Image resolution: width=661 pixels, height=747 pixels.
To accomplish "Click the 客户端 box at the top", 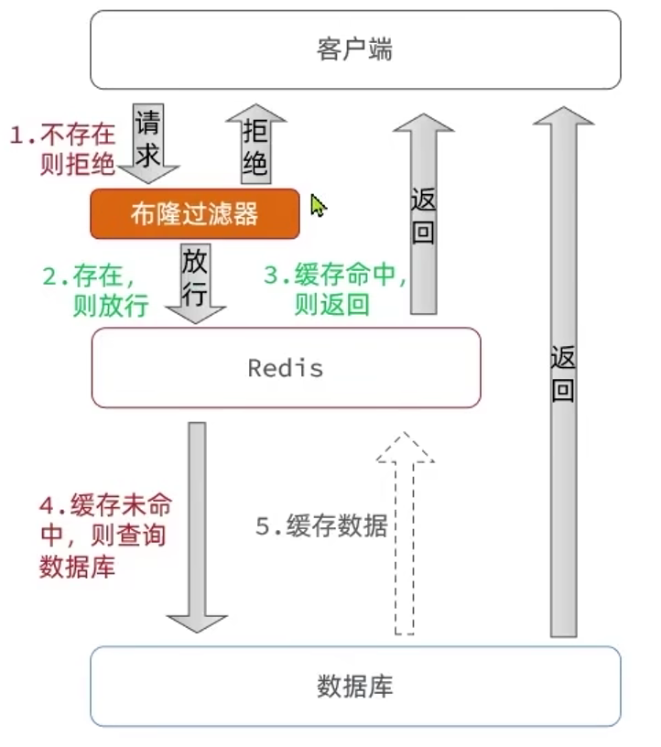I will point(355,49).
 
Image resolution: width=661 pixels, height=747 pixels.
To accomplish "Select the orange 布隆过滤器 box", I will point(194,213).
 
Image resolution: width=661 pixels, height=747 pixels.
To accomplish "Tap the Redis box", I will point(286,367).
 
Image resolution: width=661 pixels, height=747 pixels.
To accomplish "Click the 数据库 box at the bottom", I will point(355,687).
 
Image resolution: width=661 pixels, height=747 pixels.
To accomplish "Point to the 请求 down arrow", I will point(149,141).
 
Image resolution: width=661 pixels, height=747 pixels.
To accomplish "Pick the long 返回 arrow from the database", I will point(563,366).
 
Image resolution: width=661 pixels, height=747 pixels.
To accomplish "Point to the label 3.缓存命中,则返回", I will point(334,290).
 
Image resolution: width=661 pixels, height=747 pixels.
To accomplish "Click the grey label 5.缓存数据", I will point(321,526).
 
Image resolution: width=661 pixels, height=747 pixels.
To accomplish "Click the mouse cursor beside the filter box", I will point(318,206).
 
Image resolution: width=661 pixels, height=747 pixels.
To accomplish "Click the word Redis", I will point(286,368).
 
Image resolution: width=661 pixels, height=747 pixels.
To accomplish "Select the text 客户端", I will point(355,49).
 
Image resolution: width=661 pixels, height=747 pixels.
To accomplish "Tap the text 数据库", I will point(355,687).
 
